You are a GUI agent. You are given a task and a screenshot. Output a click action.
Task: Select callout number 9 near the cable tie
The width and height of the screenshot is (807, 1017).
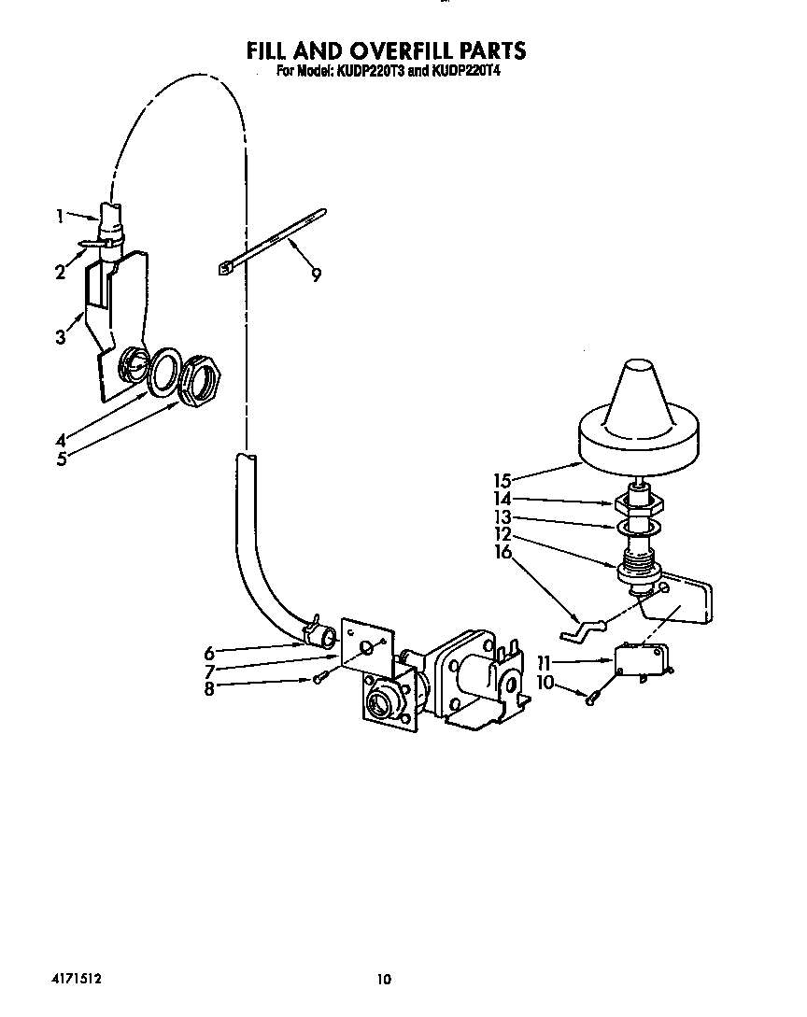pyautogui.click(x=317, y=275)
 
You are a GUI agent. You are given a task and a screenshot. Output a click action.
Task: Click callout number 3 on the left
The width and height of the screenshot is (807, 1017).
pyautogui.click(x=61, y=337)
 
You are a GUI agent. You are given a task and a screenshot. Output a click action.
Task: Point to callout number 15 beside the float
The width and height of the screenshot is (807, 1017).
pyautogui.click(x=503, y=481)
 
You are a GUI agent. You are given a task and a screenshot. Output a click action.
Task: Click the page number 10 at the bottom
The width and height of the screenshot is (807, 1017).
pyautogui.click(x=382, y=979)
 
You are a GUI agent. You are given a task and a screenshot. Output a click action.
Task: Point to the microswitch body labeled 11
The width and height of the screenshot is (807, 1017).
pyautogui.click(x=639, y=662)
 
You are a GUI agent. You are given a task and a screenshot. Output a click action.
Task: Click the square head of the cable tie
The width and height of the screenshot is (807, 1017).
pyautogui.click(x=225, y=269)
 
